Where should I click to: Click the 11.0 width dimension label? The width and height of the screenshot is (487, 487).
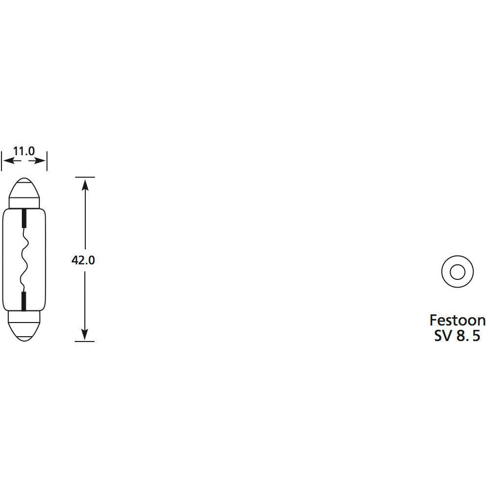coord(24,151)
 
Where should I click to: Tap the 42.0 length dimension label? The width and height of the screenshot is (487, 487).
coord(83,260)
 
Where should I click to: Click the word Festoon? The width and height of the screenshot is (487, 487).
coord(457,320)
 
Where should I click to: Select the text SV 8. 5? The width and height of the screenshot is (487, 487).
coord(457,336)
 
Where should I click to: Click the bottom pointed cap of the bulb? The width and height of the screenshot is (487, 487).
coord(24,330)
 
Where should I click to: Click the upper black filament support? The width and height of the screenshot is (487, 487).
coord(24,218)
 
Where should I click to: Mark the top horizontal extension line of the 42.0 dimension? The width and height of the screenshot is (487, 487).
coord(85,178)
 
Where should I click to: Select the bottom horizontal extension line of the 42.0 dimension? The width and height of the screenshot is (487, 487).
coord(85,341)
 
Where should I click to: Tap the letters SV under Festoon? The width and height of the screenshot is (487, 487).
coord(442,336)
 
